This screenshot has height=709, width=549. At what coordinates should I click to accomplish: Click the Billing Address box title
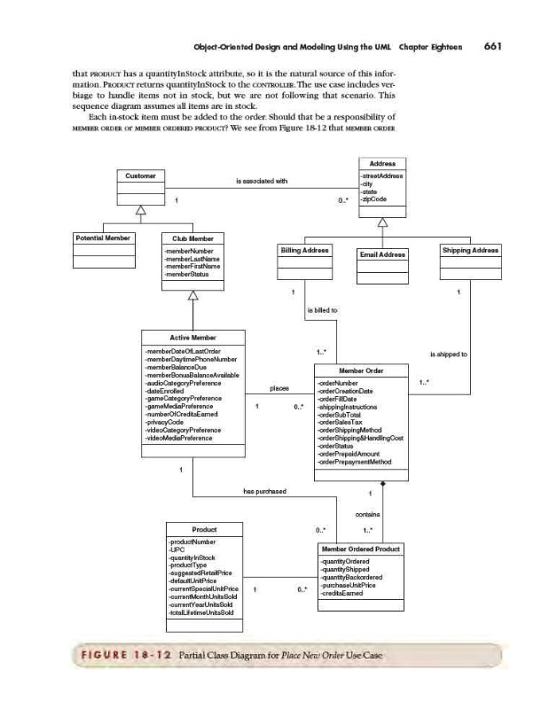click(x=304, y=252)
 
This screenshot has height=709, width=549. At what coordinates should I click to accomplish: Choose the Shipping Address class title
click(x=471, y=251)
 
